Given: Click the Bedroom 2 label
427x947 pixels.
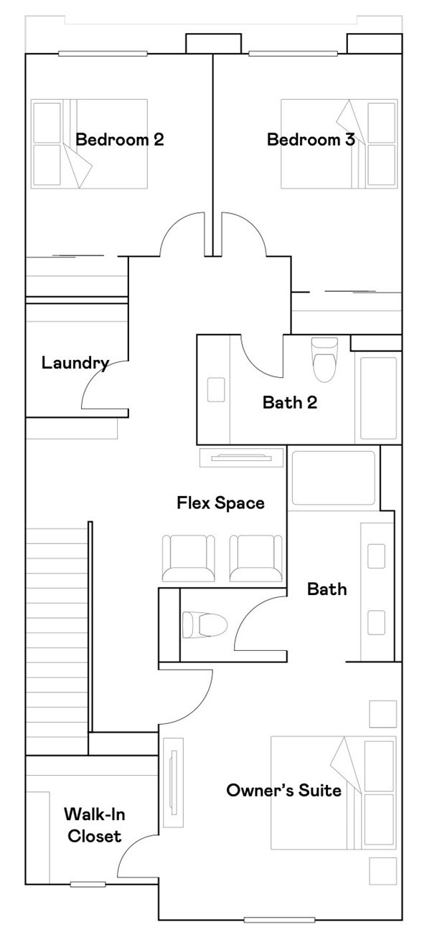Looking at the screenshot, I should (120, 139).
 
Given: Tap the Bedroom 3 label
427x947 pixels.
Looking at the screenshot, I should (311, 139).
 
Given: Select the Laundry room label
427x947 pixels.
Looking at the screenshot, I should (75, 363).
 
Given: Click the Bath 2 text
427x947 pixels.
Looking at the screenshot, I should (289, 402).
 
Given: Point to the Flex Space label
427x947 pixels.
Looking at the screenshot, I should (220, 503).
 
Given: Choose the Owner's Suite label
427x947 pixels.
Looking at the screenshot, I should (283, 791).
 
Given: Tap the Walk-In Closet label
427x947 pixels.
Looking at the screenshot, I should (92, 825).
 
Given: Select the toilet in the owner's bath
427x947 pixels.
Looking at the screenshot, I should (205, 624).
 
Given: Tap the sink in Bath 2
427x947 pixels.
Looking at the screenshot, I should (215, 389).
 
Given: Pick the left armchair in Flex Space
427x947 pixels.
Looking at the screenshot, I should (188, 558).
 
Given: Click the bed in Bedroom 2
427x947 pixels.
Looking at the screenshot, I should (89, 143).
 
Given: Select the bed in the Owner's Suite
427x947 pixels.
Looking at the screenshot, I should (333, 793).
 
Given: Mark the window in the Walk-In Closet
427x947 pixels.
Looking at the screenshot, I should (88, 884).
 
